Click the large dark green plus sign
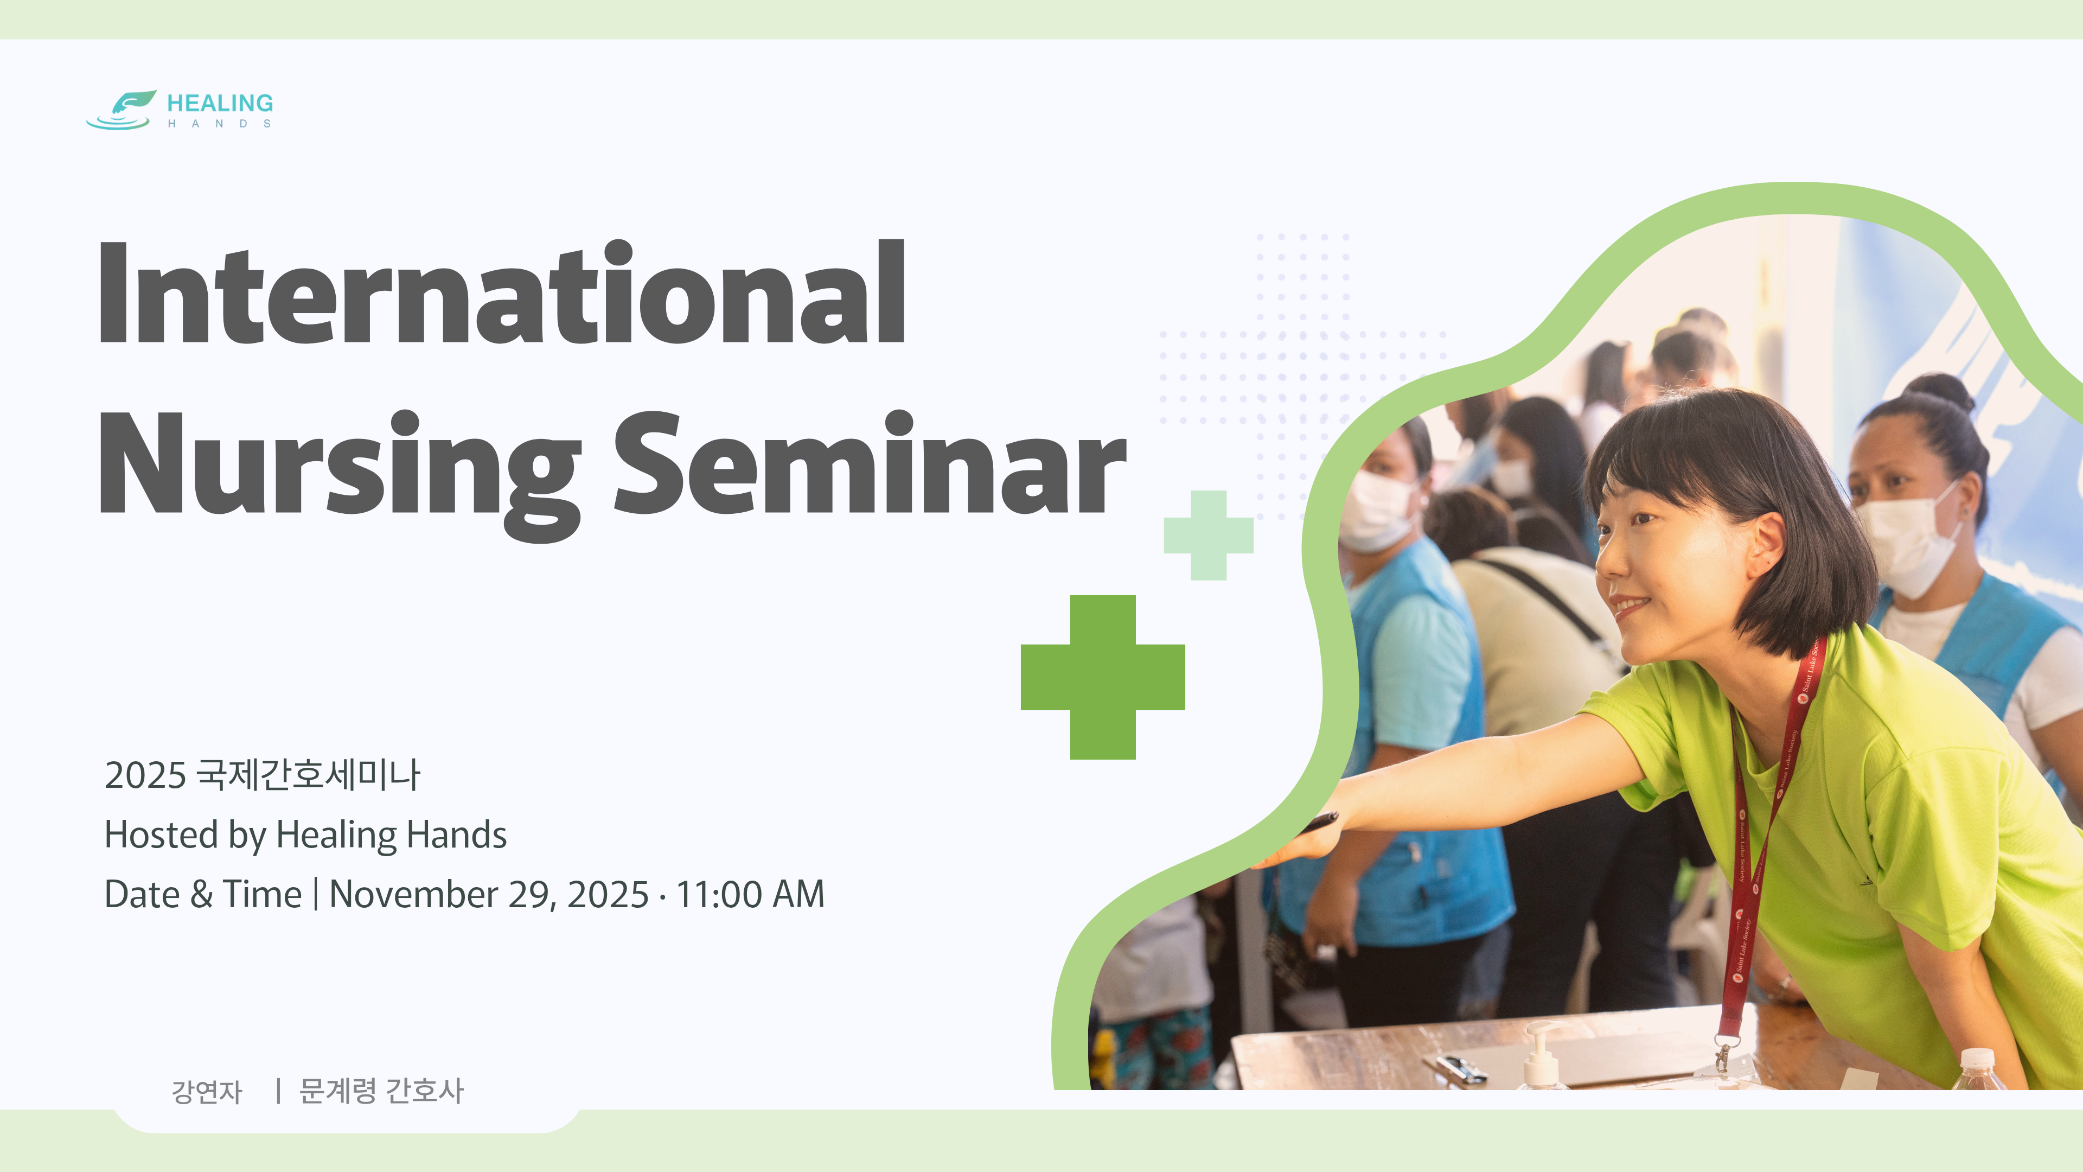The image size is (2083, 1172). pyautogui.click(x=1103, y=677)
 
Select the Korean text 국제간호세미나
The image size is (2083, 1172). pyautogui.click(x=309, y=774)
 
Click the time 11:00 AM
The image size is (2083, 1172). pyautogui.click(x=750, y=895)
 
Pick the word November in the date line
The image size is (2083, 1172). pyautogui.click(x=413, y=895)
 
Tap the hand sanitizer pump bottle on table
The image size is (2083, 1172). pyautogui.click(x=1542, y=1055)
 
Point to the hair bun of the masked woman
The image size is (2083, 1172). pyautogui.click(x=1943, y=393)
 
